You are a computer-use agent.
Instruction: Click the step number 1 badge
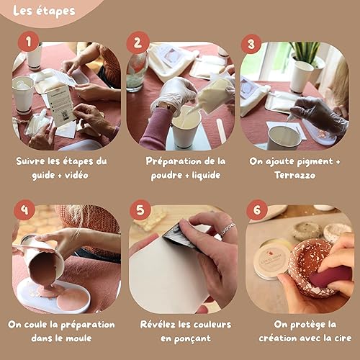pos(29,42)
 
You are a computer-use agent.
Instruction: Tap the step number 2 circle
pos(138,42)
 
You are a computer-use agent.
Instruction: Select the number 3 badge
pos(251,43)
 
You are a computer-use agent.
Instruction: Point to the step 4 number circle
pos(24,210)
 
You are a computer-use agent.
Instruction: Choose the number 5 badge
pos(140,210)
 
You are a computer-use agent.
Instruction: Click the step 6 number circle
pos(257,210)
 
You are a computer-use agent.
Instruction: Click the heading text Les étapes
pos(44,12)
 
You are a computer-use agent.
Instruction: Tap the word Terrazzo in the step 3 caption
pos(295,175)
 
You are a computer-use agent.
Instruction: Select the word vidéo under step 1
pos(76,175)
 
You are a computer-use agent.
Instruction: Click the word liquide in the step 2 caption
pos(206,175)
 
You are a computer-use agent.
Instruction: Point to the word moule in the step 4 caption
pos(78,338)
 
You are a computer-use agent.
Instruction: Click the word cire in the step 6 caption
pos(343,338)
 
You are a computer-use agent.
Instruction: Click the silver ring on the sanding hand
pos(228,229)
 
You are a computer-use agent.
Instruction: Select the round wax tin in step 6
pos(272,260)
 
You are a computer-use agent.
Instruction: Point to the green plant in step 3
pos(305,52)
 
